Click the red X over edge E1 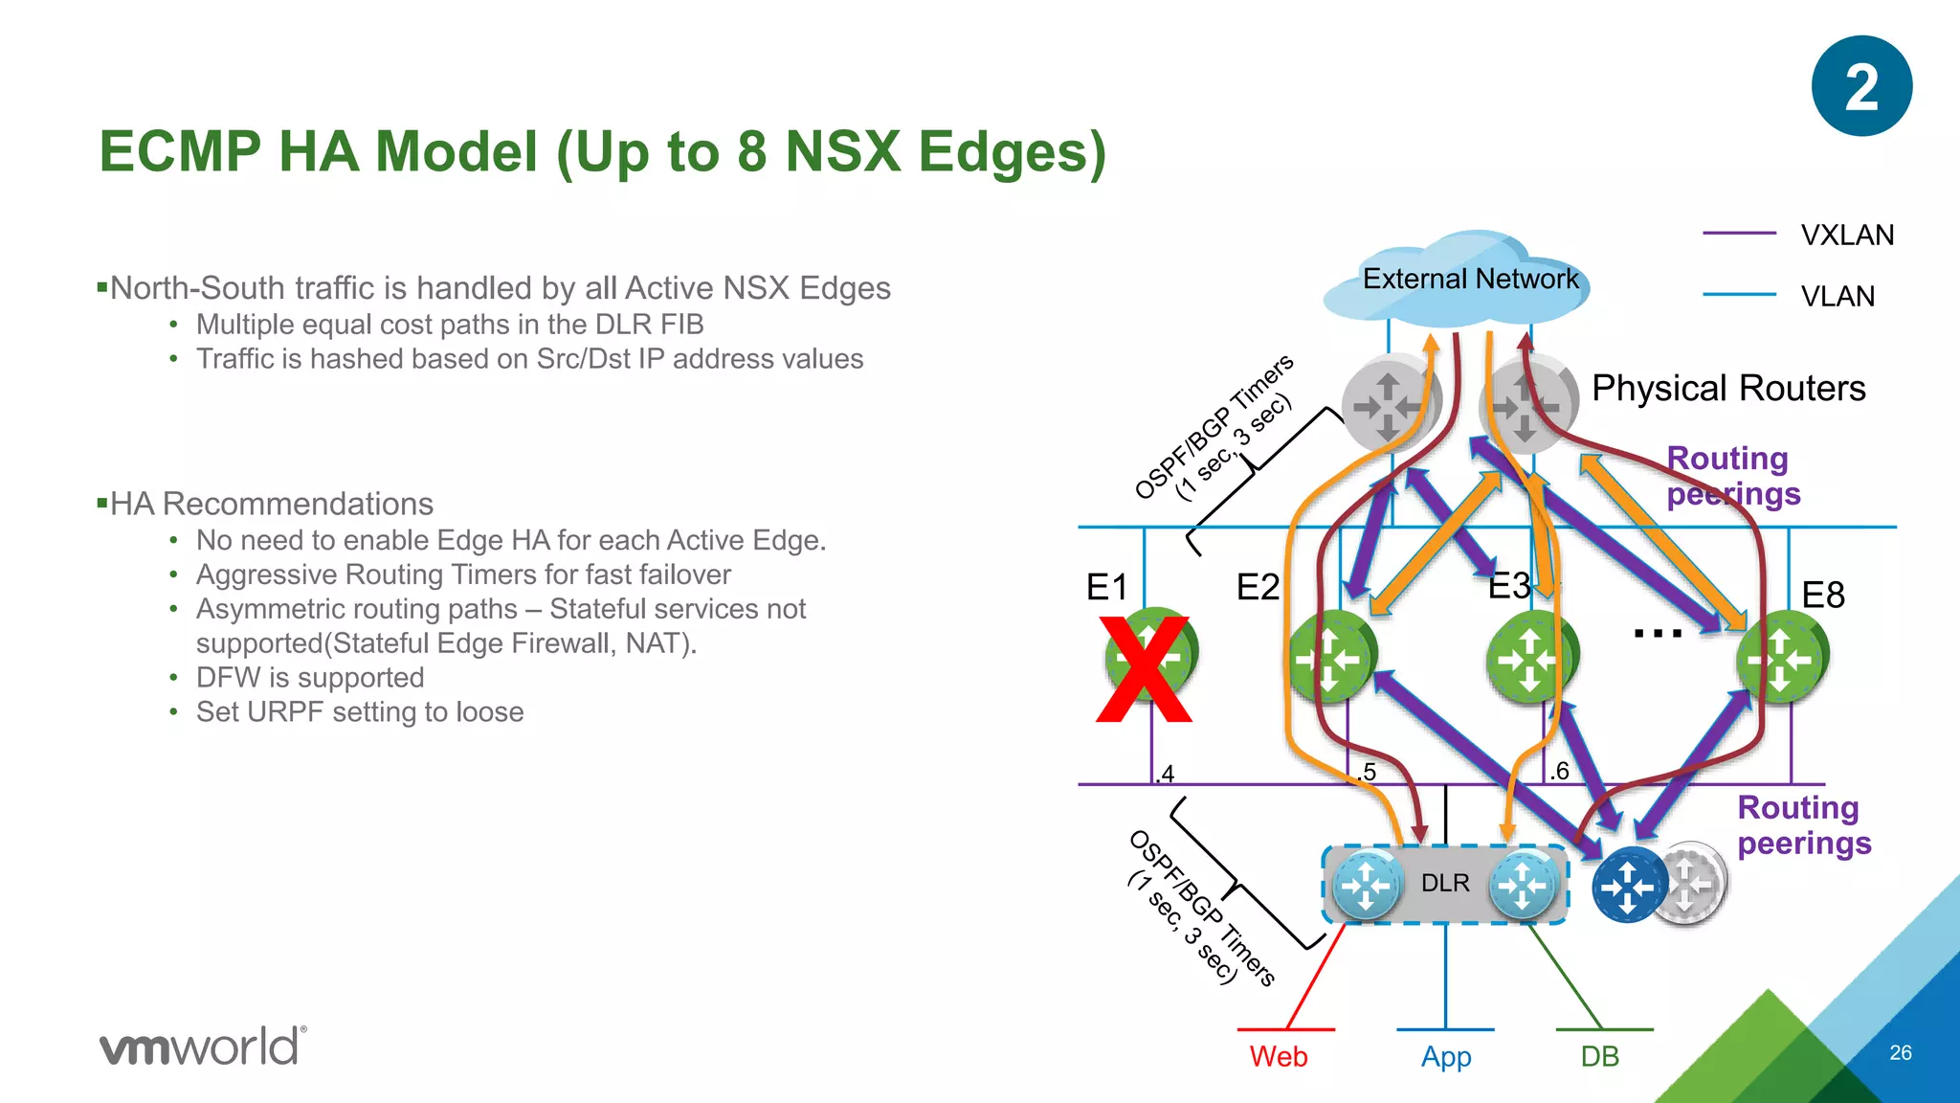1145,670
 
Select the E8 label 1822,596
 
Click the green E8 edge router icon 1782,659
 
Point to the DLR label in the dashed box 1445,883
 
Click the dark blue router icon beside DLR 1629,886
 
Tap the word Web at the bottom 1279,1057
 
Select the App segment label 1446,1057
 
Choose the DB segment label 1599,1057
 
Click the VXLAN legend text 1847,236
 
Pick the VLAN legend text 1837,297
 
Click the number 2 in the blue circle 1861,88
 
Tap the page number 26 1901,1053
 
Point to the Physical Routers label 1728,389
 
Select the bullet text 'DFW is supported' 310,678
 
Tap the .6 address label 1559,771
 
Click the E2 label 1258,587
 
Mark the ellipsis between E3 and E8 1658,634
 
